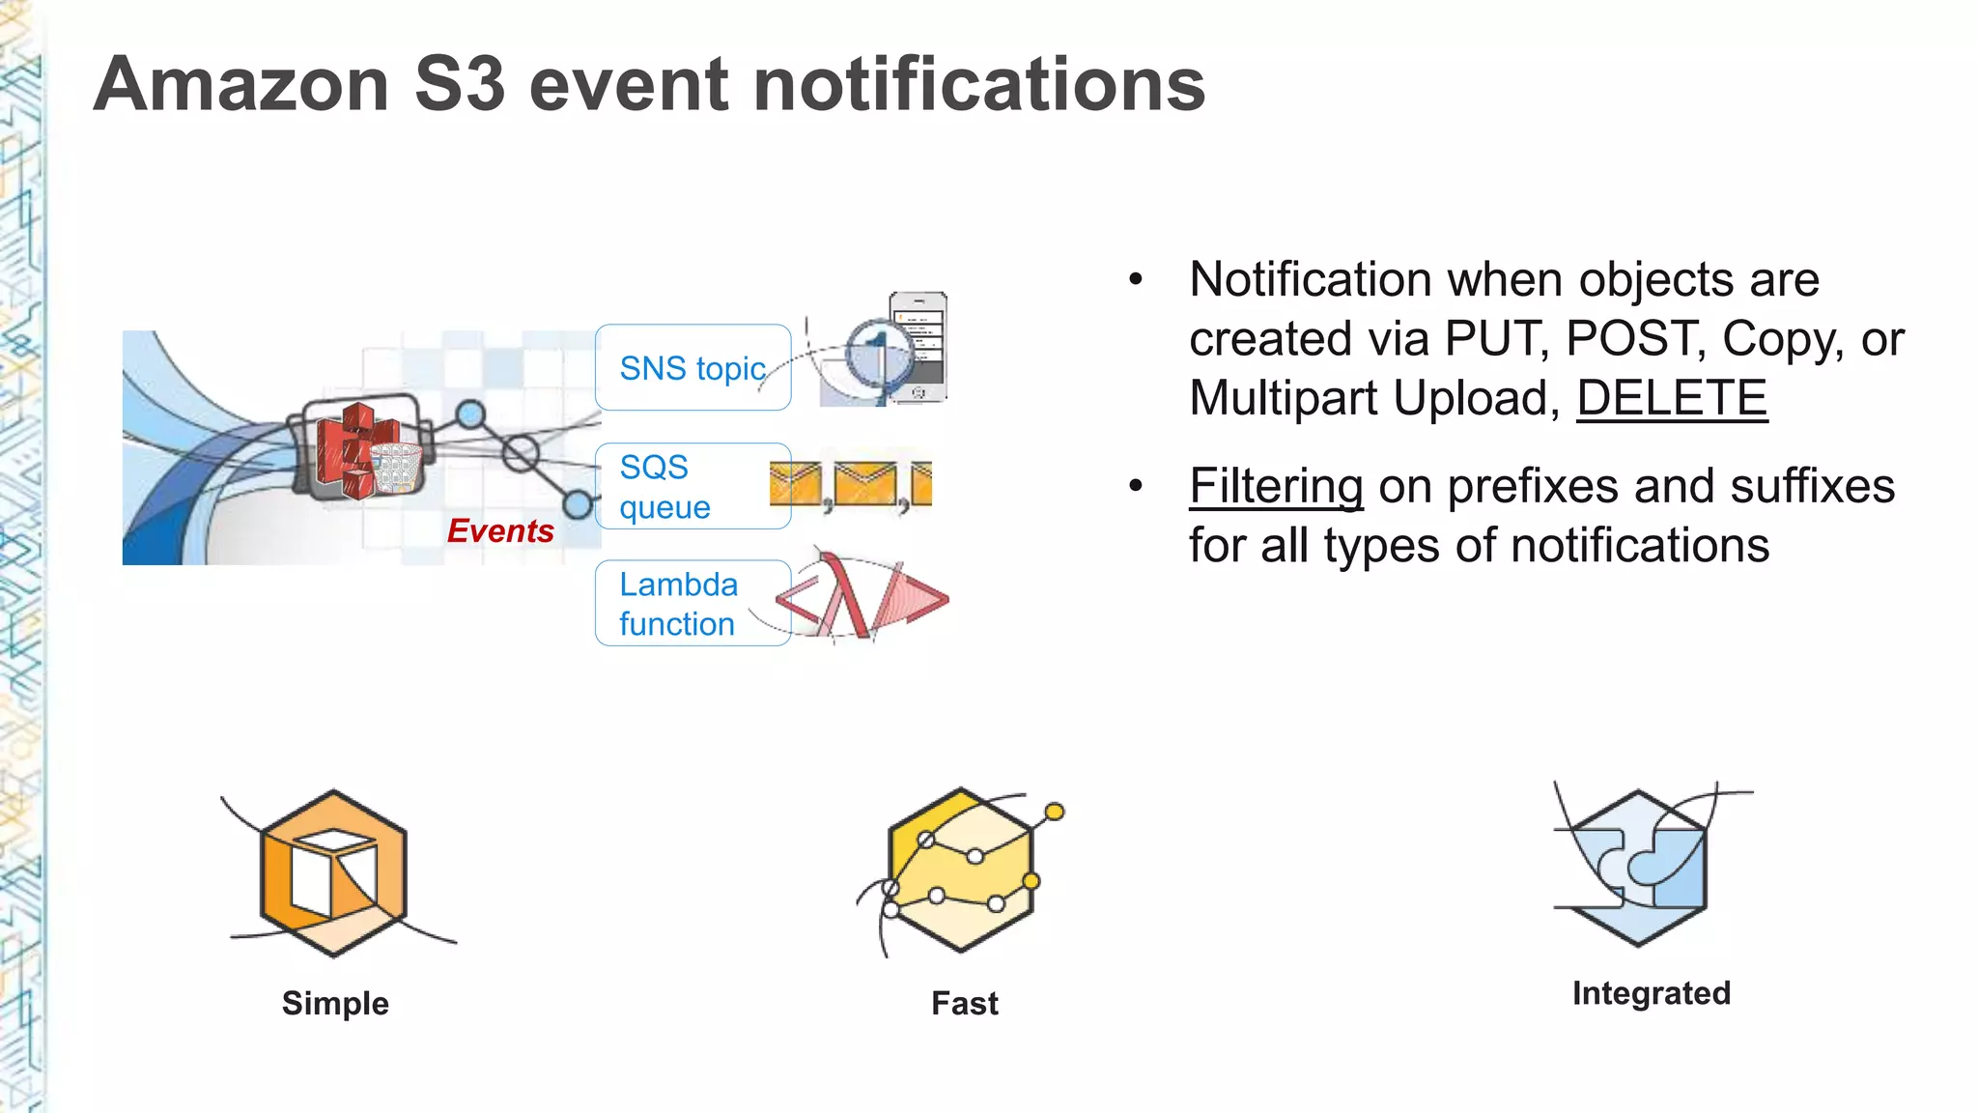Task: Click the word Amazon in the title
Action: tap(241, 85)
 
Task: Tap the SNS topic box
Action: tap(692, 368)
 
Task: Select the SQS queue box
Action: tap(692, 486)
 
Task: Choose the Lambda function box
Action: tap(692, 604)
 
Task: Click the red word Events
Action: tap(500, 530)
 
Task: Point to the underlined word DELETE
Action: tap(1672, 398)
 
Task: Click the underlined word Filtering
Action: tap(1276, 486)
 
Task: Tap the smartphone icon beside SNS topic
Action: tap(918, 346)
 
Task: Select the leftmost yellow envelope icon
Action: tap(795, 484)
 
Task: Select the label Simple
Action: tap(335, 1003)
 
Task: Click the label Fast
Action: tap(964, 1003)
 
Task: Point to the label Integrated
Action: tap(1651, 993)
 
